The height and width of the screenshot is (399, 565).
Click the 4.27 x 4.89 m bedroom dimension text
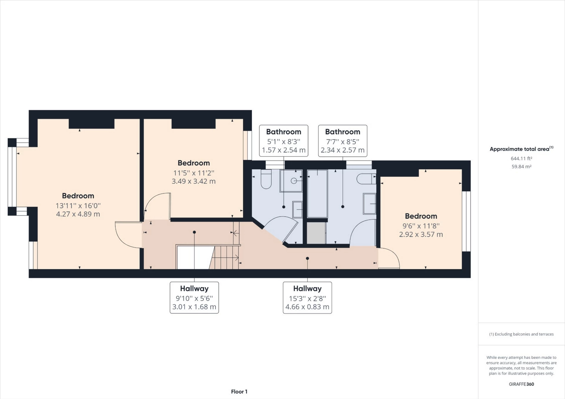click(x=78, y=214)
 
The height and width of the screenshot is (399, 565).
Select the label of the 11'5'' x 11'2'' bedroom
click(x=194, y=163)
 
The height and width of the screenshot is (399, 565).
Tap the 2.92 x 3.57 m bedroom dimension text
click(x=421, y=234)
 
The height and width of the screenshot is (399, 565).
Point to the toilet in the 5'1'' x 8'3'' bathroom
click(x=266, y=180)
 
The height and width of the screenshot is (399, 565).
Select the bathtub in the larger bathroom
click(x=317, y=193)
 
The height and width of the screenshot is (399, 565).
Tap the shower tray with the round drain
click(x=291, y=181)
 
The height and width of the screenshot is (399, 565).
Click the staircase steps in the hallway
click(x=226, y=258)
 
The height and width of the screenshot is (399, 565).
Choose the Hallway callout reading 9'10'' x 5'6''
click(x=194, y=298)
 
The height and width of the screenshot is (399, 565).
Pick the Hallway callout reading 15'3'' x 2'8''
click(x=307, y=298)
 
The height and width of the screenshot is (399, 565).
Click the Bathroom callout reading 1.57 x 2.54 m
click(x=284, y=141)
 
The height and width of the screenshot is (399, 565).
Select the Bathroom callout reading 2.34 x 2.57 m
click(x=343, y=141)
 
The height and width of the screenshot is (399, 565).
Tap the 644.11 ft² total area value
click(x=521, y=158)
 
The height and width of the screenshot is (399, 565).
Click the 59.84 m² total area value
click(x=521, y=167)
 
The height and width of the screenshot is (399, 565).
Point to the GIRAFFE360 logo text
click(x=521, y=384)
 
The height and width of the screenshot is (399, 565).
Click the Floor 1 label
click(x=239, y=392)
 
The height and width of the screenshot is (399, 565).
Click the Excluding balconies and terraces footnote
click(x=521, y=334)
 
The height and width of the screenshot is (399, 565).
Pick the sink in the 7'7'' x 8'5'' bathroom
click(x=370, y=204)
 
